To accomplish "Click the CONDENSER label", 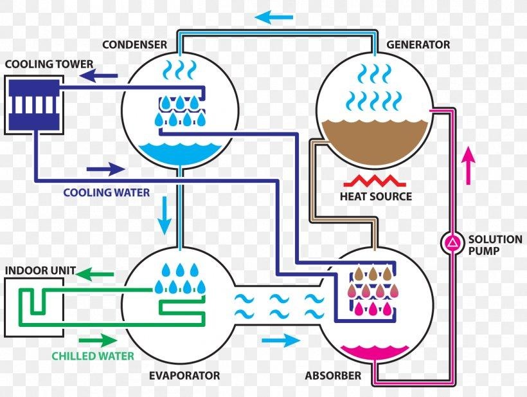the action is (134, 44).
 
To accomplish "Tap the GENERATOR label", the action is (418, 44).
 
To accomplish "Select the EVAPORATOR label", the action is (184, 376).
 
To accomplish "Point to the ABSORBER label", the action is (333, 376).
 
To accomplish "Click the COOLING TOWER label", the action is (49, 64).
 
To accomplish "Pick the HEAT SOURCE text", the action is (376, 196).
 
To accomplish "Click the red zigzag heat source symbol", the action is (375, 181).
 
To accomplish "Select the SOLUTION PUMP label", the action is (495, 245).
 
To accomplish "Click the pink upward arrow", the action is (469, 165).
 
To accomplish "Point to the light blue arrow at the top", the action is (274, 17).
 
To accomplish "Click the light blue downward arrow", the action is (165, 216).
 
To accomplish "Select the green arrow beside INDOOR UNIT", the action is (94, 274).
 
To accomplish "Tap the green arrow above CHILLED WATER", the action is (98, 340).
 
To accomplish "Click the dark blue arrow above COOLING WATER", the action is (106, 169).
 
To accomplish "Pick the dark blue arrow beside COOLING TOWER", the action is (98, 76).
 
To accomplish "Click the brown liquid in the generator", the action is (375, 142).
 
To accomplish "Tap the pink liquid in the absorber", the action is (375, 351).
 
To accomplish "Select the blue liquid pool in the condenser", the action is (181, 153).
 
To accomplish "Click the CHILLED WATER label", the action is (93, 356).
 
